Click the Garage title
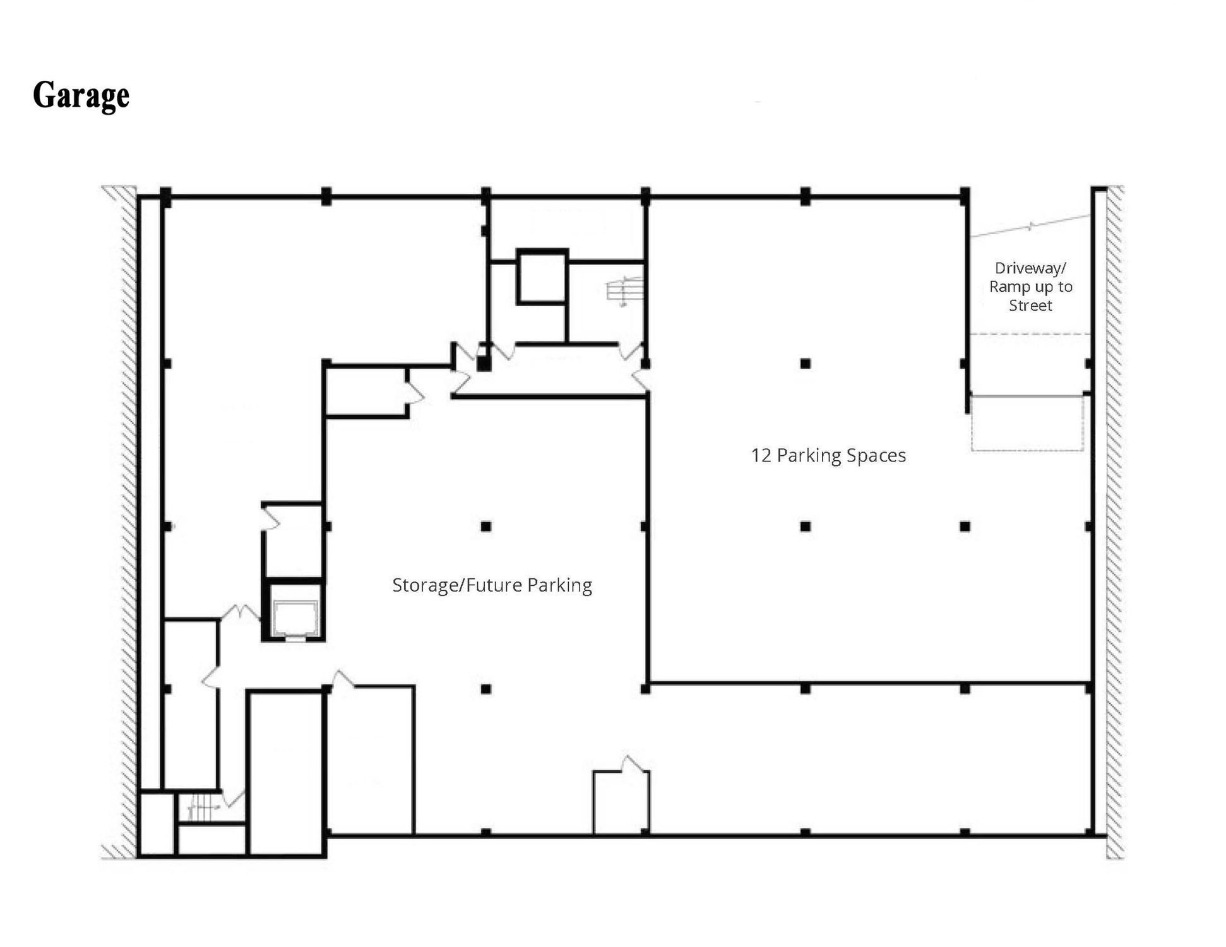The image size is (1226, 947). [x=81, y=96]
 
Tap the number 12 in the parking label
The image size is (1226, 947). [x=761, y=455]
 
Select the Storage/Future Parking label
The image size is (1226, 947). [x=492, y=585]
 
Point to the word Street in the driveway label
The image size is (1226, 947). [x=1030, y=306]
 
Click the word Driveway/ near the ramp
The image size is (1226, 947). [x=1030, y=268]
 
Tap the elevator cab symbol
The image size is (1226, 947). [x=294, y=619]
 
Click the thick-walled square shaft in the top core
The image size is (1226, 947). [x=542, y=277]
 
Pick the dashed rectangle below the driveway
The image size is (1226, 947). [x=1027, y=423]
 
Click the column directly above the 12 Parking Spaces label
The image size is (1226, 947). [x=805, y=364]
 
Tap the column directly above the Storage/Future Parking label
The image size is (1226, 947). [x=485, y=526]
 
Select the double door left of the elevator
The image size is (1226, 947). [x=240, y=612]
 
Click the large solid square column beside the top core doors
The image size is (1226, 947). [x=484, y=364]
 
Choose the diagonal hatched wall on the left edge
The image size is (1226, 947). [x=127, y=522]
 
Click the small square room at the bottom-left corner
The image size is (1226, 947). [x=157, y=824]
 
